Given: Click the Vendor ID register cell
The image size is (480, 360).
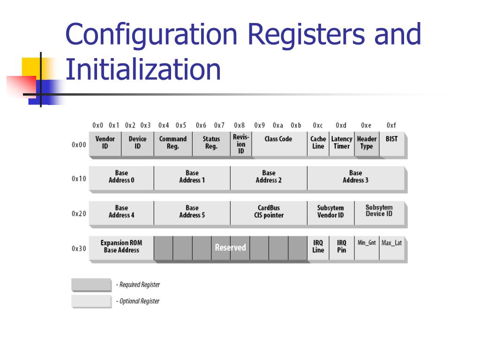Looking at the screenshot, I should click(x=105, y=142).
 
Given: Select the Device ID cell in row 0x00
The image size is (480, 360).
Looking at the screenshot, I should click(x=137, y=142).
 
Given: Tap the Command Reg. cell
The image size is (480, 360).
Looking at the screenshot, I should click(x=172, y=142).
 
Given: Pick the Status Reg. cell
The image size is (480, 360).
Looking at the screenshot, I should click(x=211, y=142).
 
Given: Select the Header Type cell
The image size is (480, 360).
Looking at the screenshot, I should click(x=367, y=142).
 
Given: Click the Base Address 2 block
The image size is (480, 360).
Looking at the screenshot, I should click(x=269, y=177).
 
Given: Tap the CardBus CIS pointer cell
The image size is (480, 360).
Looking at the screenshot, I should click(x=269, y=212).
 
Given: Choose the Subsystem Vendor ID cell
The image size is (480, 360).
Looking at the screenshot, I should click(x=330, y=212).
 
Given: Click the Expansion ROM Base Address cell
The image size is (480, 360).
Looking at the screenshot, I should click(x=121, y=247).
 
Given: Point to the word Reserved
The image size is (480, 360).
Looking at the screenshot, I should click(x=230, y=247).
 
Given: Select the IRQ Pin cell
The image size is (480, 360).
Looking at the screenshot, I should click(x=342, y=247).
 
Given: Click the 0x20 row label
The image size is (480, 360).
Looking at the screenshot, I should click(x=79, y=214).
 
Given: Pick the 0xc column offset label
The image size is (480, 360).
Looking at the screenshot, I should click(x=318, y=126).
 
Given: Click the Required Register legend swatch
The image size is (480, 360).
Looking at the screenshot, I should click(x=91, y=285).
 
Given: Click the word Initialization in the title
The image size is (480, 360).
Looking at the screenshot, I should click(x=143, y=69).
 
